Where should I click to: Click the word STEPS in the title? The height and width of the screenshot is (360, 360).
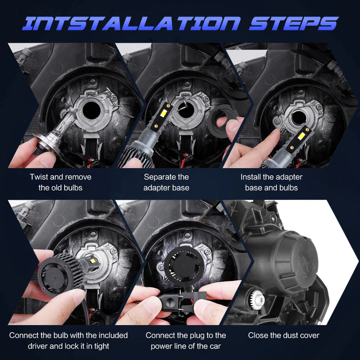294,23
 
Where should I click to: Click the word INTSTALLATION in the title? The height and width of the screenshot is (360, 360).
131,23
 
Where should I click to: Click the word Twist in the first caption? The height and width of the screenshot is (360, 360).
39,177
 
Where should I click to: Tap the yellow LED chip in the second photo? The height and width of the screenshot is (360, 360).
164,113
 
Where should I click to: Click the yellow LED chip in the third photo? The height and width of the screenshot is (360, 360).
301,136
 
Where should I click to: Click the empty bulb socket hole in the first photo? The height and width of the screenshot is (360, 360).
91,111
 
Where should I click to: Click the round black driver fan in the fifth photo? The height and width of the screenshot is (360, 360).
184,266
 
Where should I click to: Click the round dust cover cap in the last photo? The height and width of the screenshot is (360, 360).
289,262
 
